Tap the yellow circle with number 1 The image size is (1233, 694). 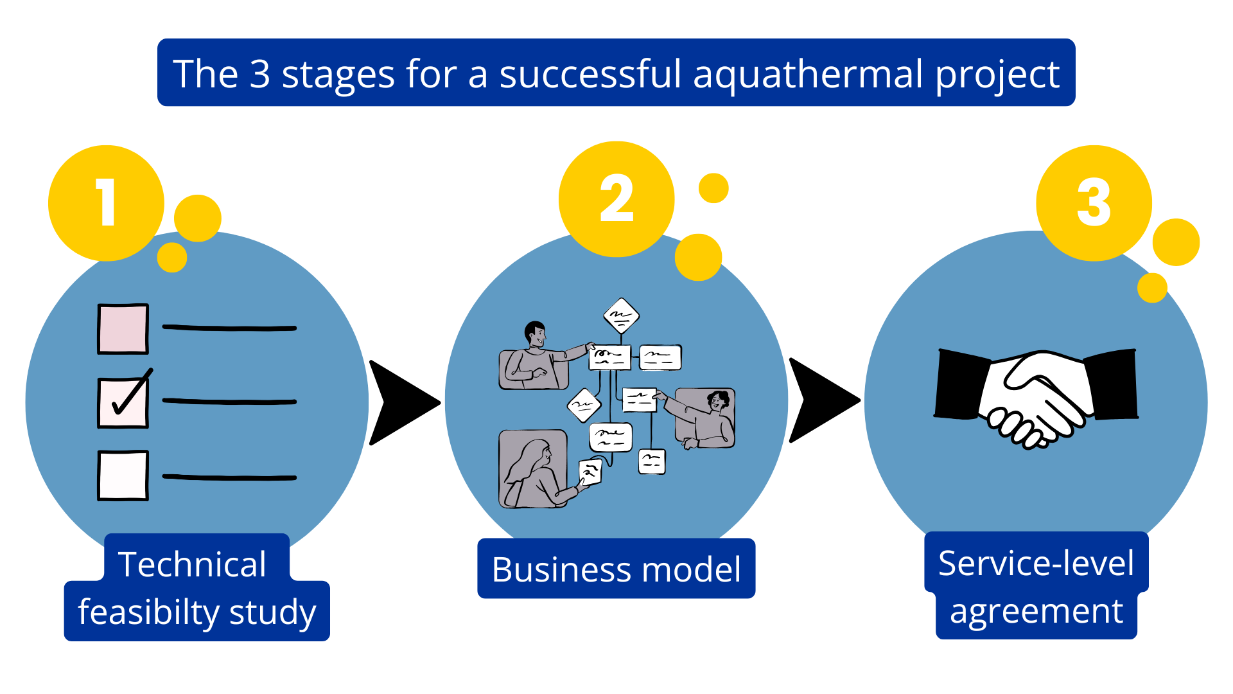[106, 203]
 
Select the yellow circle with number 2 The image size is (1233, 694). [616, 199]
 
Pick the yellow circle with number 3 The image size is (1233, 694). [1094, 203]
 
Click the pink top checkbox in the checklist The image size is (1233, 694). [123, 329]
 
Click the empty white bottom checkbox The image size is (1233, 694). [123, 476]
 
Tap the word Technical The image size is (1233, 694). [192, 564]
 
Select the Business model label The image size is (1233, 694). [616, 569]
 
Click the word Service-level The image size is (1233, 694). [1036, 563]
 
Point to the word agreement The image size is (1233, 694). [1036, 612]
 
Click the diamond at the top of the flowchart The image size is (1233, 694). [621, 316]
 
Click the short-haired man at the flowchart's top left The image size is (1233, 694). [536, 357]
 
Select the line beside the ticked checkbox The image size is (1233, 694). [229, 402]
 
